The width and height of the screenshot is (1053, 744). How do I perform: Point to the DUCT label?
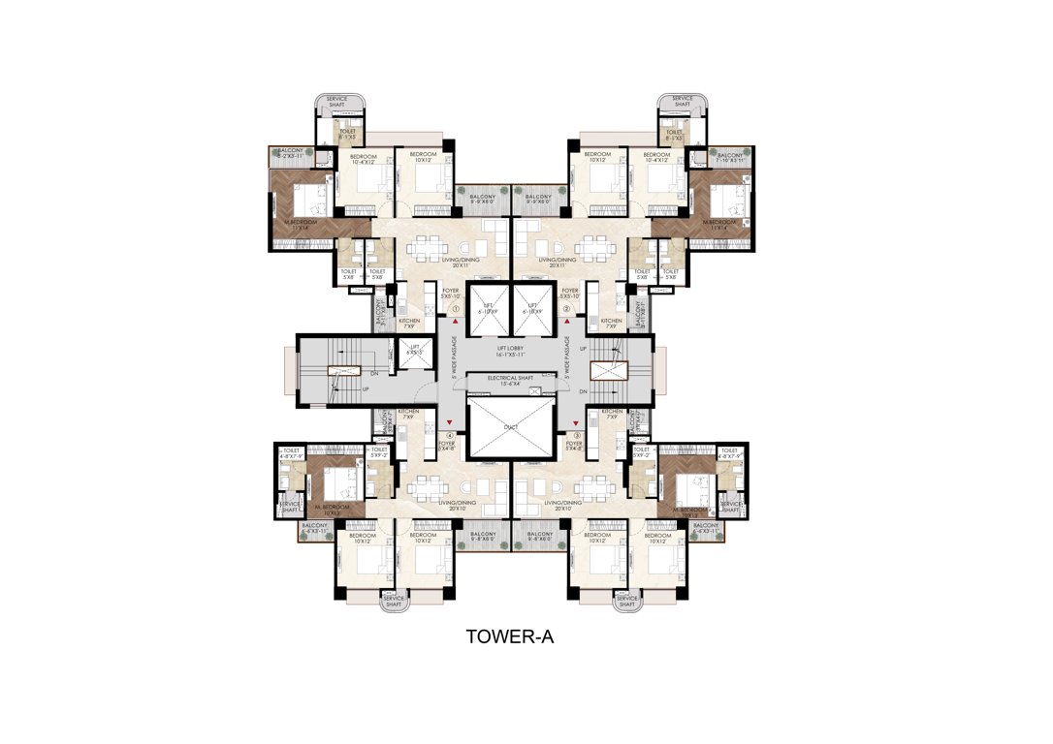coord(510,426)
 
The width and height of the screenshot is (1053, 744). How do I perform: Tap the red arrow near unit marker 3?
coord(572,421)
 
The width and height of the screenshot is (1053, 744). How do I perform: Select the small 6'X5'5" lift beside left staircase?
coord(414,350)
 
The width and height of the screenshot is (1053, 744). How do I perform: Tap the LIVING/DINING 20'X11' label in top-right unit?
coord(558,263)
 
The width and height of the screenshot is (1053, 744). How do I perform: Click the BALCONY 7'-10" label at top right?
coord(729,157)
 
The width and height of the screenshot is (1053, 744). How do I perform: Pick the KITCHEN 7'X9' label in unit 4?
coord(408,414)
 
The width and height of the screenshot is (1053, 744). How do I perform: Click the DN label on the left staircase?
coord(373,372)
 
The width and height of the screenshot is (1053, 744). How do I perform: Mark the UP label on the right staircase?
coord(582,349)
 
